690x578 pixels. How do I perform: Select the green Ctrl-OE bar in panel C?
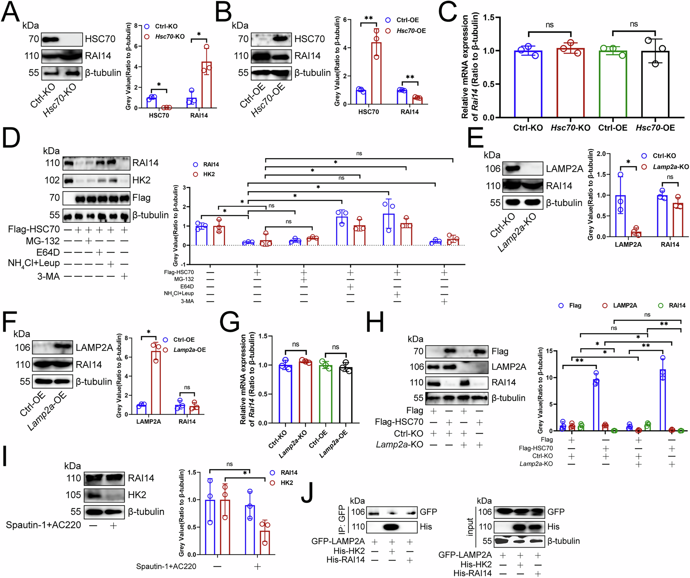tap(613, 84)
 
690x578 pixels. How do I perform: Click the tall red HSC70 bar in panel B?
tap(376, 73)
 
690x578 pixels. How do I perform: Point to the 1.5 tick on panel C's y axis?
tap(488, 17)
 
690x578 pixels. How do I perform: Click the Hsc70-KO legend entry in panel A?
tap(169, 37)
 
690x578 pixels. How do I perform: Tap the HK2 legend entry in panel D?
tap(209, 174)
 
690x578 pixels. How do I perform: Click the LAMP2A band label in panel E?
tap(564, 169)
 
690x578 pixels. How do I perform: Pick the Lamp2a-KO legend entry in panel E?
tap(670, 167)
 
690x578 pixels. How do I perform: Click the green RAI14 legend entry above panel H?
tap(677, 306)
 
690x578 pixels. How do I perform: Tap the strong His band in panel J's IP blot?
tap(392, 527)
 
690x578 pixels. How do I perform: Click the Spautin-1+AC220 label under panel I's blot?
tap(43, 525)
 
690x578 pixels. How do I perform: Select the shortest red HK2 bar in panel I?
tap(265, 542)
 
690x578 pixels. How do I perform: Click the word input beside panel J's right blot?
tap(470, 527)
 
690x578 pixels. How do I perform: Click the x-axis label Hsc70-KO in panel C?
tap(570, 128)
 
